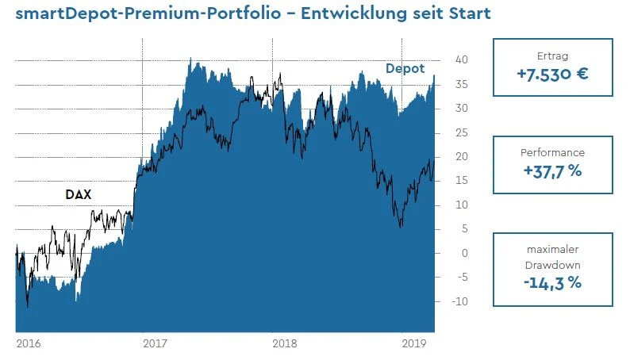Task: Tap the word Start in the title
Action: click(x=463, y=15)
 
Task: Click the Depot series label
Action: click(x=405, y=69)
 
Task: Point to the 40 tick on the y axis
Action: click(x=460, y=60)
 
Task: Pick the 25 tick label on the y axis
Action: click(x=460, y=132)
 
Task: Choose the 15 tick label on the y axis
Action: click(x=460, y=181)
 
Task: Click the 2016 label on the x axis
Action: click(x=28, y=344)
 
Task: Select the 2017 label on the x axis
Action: click(x=155, y=344)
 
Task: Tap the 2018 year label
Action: click(x=284, y=344)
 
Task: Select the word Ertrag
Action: click(x=552, y=56)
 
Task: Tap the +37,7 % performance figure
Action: click(x=552, y=172)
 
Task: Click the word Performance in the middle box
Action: click(x=552, y=152)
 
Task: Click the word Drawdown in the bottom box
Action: click(x=552, y=266)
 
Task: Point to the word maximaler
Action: click(x=552, y=250)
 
